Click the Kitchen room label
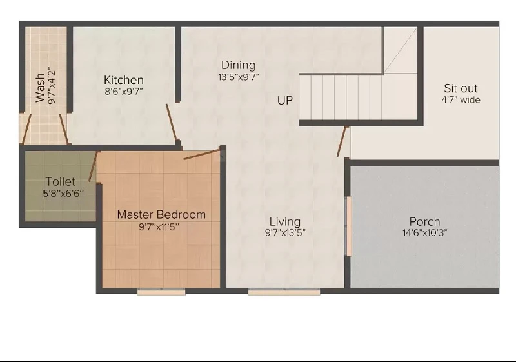click(x=124, y=80)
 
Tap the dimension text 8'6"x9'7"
click(x=124, y=91)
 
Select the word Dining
click(x=238, y=65)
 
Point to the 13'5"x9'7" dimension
click(x=238, y=77)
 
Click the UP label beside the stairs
click(x=285, y=101)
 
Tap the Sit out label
click(x=461, y=88)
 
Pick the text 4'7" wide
click(x=461, y=100)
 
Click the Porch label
click(x=424, y=221)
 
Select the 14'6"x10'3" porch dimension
click(x=424, y=233)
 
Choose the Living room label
click(x=285, y=221)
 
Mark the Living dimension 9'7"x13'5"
click(x=285, y=233)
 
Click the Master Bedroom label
click(x=161, y=215)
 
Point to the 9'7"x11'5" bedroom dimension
click(x=159, y=226)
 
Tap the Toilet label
click(x=60, y=181)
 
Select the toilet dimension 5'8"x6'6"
click(x=63, y=193)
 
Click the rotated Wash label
click(x=39, y=88)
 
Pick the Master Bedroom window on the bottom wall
click(x=161, y=292)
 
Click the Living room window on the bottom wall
click(x=284, y=292)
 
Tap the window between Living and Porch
click(x=348, y=226)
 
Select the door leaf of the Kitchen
click(x=171, y=122)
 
